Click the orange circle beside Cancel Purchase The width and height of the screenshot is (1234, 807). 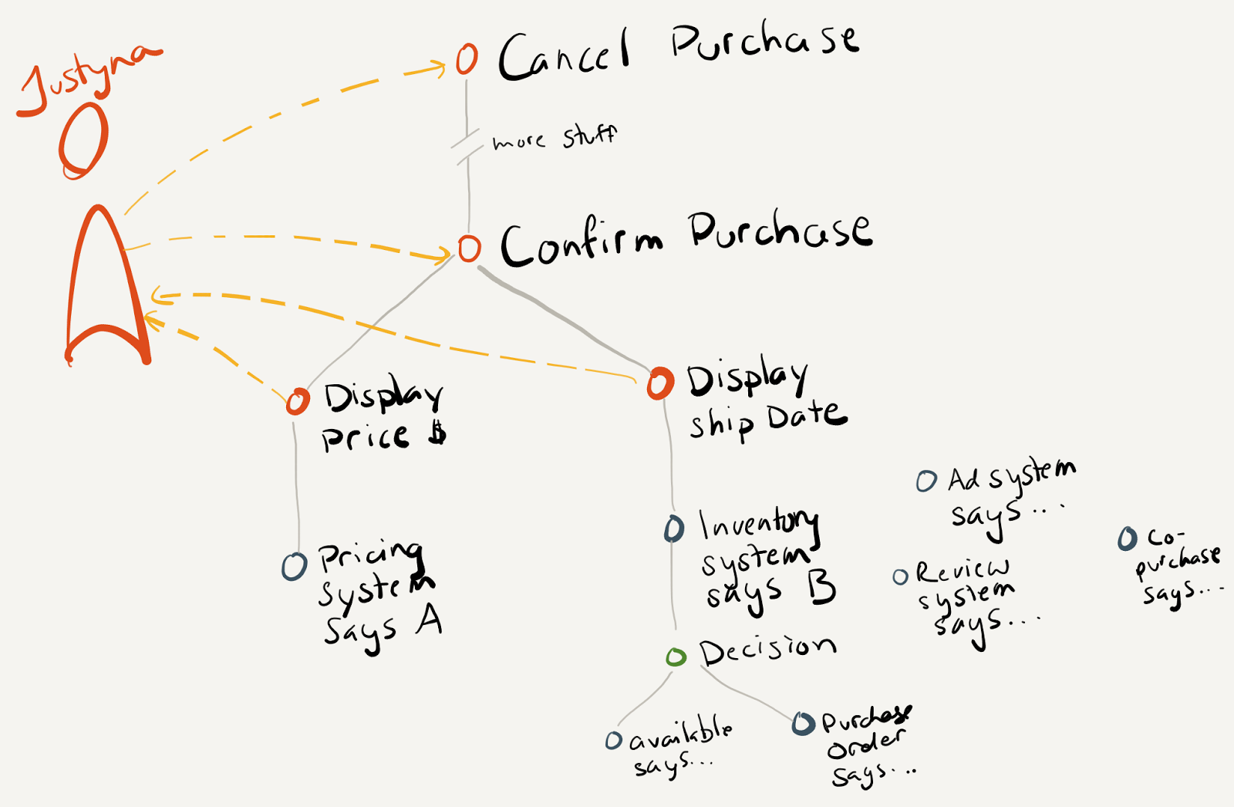pyautogui.click(x=467, y=59)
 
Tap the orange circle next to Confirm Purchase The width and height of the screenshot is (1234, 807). pyautogui.click(x=470, y=248)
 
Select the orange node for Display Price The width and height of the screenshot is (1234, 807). pyautogui.click(x=298, y=401)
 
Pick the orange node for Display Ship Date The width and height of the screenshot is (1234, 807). pyautogui.click(x=660, y=383)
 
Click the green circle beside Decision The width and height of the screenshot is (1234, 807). pyautogui.click(x=676, y=657)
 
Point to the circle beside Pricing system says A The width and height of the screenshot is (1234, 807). pyautogui.click(x=294, y=567)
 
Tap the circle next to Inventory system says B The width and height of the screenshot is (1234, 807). pyautogui.click(x=674, y=528)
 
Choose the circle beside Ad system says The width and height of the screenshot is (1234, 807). pyautogui.click(x=926, y=481)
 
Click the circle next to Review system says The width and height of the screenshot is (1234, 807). pyautogui.click(x=900, y=576)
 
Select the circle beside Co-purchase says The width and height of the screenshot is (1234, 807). pyautogui.click(x=1128, y=539)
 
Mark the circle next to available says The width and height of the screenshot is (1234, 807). pyautogui.click(x=613, y=741)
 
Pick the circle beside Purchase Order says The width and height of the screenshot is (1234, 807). pyautogui.click(x=803, y=723)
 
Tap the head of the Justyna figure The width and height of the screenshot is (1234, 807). pyautogui.click(x=83, y=140)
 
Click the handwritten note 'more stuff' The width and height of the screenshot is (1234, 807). pyautogui.click(x=555, y=139)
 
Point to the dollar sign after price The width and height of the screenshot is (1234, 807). pyautogui.click(x=437, y=434)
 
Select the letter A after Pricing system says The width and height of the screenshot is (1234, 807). pyautogui.click(x=429, y=619)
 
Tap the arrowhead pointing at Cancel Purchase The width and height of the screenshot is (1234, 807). pyautogui.click(x=440, y=69)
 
